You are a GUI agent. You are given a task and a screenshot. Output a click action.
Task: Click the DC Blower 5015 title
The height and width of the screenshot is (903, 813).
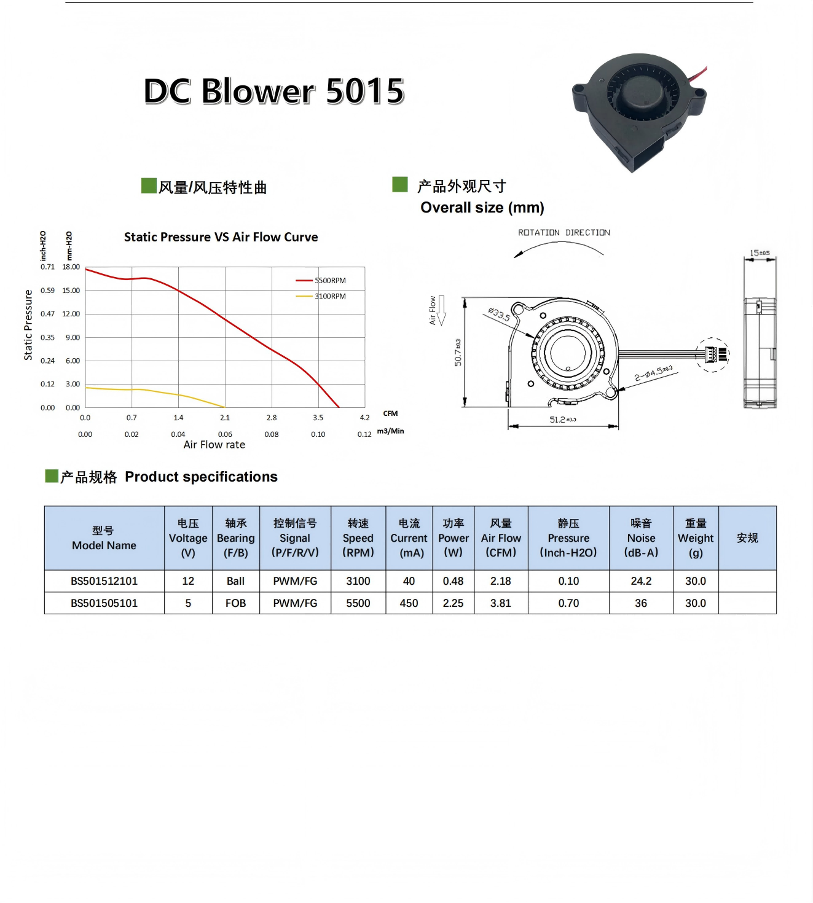pyautogui.click(x=274, y=91)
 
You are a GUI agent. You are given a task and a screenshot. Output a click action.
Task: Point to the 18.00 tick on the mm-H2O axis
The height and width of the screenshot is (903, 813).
pyautogui.click(x=71, y=267)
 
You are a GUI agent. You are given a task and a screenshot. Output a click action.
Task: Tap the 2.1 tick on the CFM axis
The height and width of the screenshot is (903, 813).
pyautogui.click(x=225, y=418)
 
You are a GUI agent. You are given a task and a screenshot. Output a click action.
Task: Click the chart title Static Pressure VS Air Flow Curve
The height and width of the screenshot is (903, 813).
pyautogui.click(x=221, y=237)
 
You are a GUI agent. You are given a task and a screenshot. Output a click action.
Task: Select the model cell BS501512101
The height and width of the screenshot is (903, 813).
pyautogui.click(x=104, y=581)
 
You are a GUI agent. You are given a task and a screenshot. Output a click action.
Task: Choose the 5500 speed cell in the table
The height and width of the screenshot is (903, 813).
pyautogui.click(x=358, y=603)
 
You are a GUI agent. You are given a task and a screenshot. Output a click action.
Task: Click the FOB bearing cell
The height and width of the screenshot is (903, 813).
pyautogui.click(x=235, y=603)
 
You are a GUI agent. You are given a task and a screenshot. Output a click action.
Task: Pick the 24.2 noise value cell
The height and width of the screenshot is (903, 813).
pyautogui.click(x=641, y=581)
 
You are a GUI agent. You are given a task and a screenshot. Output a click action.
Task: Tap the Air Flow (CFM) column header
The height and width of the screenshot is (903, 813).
pyautogui.click(x=501, y=538)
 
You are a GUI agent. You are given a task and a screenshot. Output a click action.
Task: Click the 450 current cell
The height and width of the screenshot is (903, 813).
pyautogui.click(x=409, y=603)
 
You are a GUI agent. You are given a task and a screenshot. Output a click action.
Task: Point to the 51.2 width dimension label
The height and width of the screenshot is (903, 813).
pyautogui.click(x=562, y=420)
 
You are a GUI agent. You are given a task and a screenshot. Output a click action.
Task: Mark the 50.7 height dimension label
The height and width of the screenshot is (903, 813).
pyautogui.click(x=458, y=353)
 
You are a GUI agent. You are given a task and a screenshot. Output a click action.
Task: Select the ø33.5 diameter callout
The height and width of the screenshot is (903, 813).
pyautogui.click(x=499, y=314)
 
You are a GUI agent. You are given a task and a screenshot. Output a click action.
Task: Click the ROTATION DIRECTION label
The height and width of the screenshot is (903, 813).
pyautogui.click(x=564, y=233)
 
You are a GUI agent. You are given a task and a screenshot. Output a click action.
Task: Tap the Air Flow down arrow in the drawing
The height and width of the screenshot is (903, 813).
pyautogui.click(x=441, y=310)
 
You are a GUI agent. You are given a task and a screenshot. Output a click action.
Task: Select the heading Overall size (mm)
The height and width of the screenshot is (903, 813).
pyautogui.click(x=482, y=208)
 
